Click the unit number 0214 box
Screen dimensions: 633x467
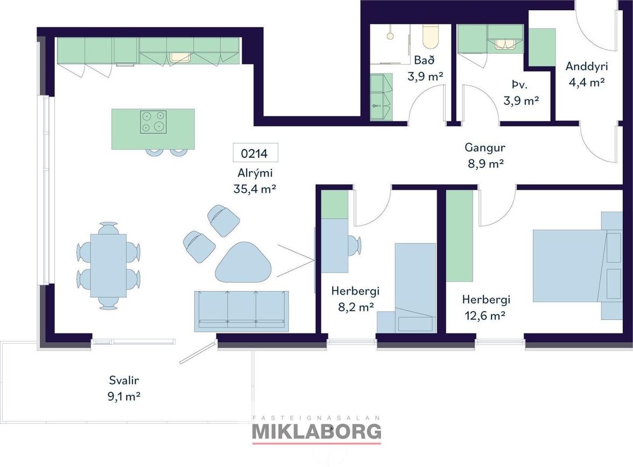[255, 153]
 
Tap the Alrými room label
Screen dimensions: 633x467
[255, 173]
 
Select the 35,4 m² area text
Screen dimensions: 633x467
[255, 189]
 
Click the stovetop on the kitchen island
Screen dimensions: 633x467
[153, 122]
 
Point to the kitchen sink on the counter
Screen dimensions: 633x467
[180, 57]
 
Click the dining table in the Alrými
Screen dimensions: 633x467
[108, 266]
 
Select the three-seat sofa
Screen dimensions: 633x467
[241, 311]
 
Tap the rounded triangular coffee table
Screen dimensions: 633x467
[243, 263]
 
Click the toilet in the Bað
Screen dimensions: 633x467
[431, 37]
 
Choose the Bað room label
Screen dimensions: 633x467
[424, 60]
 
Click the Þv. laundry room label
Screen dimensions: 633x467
[519, 85]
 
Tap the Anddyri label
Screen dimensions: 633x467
[587, 66]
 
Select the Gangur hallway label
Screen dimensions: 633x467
[485, 148]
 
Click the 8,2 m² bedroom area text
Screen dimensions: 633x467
[356, 307]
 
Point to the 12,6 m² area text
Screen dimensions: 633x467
[485, 316]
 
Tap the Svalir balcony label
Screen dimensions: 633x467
[124, 380]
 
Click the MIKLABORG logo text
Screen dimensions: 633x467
[317, 432]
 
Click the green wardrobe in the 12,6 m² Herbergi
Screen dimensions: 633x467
[460, 236]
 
